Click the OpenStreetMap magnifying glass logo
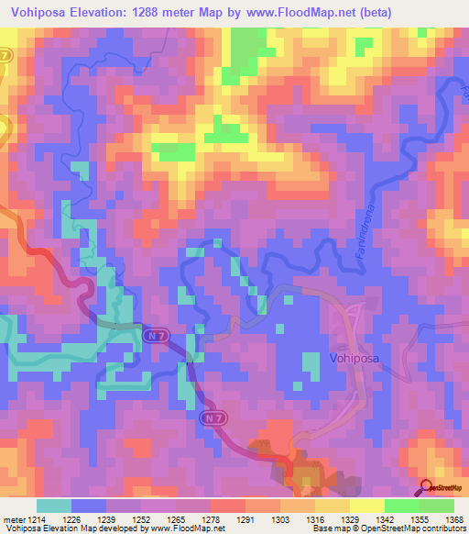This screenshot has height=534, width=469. pyautogui.click(x=426, y=486)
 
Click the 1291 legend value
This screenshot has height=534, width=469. pyautogui.click(x=245, y=520)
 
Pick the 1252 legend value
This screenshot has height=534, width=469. pyautogui.click(x=140, y=520)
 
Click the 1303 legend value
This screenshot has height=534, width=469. pyautogui.click(x=278, y=520)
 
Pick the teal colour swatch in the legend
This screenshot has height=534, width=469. pyautogui.click(x=54, y=506)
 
